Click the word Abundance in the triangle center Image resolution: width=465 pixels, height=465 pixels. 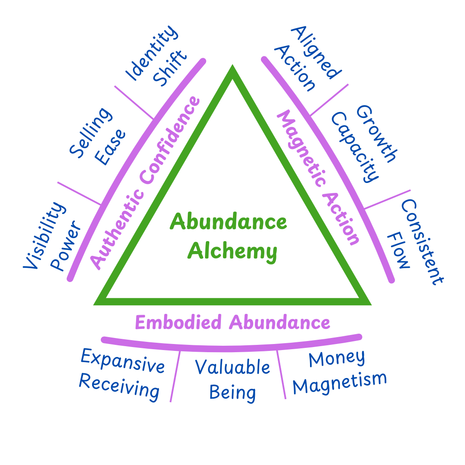[228, 222]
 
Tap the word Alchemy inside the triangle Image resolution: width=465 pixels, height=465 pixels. [232, 251]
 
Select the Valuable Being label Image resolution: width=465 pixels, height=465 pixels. [233, 379]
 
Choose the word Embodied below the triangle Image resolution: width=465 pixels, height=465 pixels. [178, 322]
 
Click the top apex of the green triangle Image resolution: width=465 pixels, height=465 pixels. [232, 69]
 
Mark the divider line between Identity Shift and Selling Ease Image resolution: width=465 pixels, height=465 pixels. [133, 102]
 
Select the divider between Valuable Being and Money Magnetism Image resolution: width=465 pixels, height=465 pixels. [281, 374]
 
